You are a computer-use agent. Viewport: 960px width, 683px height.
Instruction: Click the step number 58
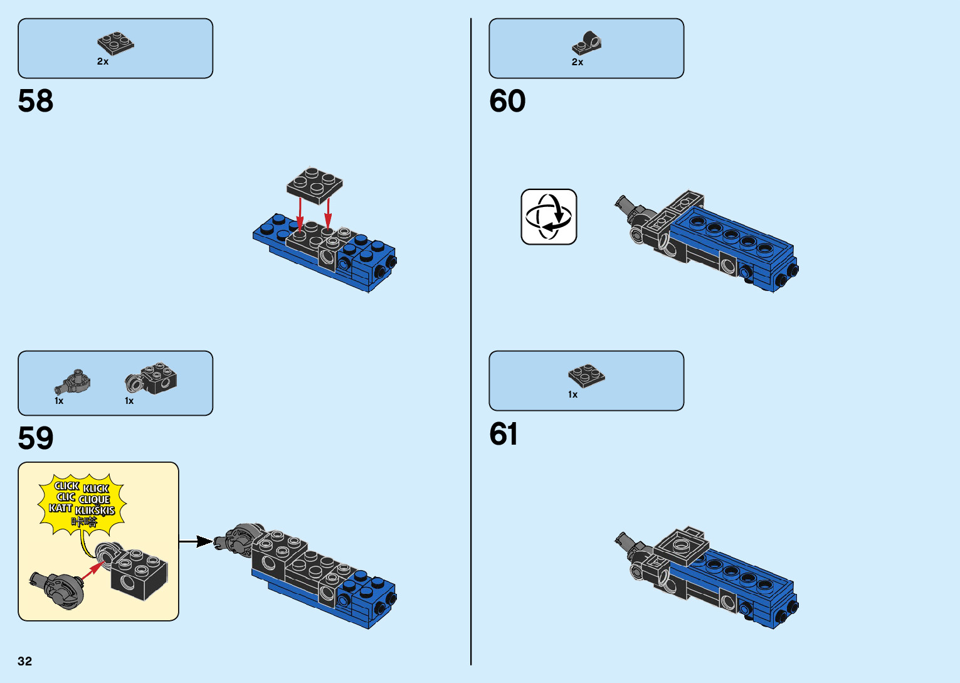pyautogui.click(x=36, y=101)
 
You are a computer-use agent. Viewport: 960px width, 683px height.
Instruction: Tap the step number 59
pyautogui.click(x=36, y=438)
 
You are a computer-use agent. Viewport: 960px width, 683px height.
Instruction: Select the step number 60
pyautogui.click(x=507, y=101)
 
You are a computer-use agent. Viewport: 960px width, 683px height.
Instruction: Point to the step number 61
pyautogui.click(x=504, y=434)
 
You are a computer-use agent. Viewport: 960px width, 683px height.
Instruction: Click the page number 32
pyautogui.click(x=25, y=661)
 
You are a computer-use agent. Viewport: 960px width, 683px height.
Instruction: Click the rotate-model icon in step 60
pyautogui.click(x=549, y=217)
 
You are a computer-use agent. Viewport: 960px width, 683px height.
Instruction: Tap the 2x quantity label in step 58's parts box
pyautogui.click(x=103, y=61)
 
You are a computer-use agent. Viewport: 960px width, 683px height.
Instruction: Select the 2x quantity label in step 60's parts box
pyautogui.click(x=578, y=62)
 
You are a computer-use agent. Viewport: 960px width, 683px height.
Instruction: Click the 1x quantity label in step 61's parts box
pyautogui.click(x=572, y=394)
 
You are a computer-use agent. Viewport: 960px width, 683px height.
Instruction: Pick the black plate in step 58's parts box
pyautogui.click(x=116, y=43)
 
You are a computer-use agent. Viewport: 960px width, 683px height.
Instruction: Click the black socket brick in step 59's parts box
pyautogui.click(x=152, y=379)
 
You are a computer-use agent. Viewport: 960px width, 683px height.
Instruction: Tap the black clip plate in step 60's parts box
pyautogui.click(x=587, y=44)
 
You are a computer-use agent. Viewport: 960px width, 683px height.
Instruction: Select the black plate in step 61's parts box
pyautogui.click(x=587, y=375)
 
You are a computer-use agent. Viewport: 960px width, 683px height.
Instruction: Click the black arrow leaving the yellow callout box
pyautogui.click(x=196, y=541)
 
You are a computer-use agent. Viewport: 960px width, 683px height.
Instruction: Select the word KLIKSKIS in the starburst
pyautogui.click(x=95, y=511)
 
